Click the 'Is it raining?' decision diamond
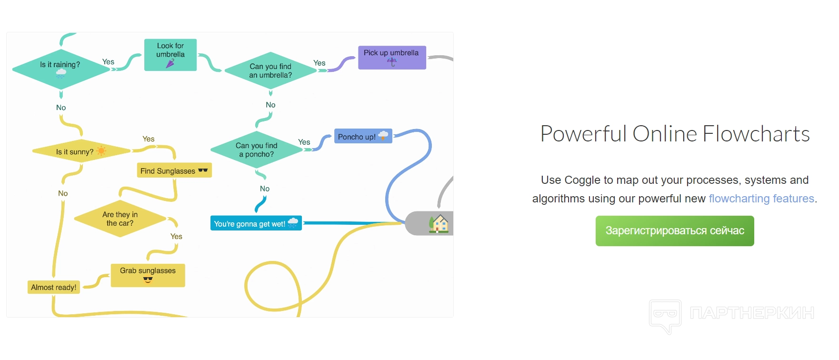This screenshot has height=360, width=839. (61, 69)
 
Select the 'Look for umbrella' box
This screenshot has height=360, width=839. (170, 55)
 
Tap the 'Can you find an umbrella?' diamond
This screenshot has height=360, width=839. (270, 70)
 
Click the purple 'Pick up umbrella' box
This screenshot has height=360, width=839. (392, 58)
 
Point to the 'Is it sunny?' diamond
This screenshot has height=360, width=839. (81, 151)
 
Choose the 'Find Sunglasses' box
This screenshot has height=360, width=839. (174, 170)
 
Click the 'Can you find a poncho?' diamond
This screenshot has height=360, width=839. (257, 150)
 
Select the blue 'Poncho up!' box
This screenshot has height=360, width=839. (363, 136)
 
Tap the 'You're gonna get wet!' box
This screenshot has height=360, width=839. (256, 223)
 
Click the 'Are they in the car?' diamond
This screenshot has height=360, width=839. (120, 219)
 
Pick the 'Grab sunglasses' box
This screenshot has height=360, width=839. (148, 275)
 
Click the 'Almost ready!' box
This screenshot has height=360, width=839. (54, 287)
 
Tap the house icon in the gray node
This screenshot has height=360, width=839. (439, 223)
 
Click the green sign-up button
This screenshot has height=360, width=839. (675, 231)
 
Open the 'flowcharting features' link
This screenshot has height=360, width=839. (761, 199)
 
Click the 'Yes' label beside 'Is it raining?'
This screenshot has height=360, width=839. (108, 62)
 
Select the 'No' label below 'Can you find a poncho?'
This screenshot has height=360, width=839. (265, 189)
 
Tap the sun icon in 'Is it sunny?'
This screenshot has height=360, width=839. (101, 151)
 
